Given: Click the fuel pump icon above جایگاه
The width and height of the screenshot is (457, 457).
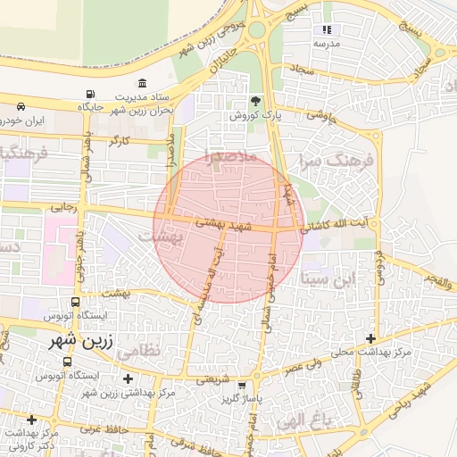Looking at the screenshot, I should pos(89,95).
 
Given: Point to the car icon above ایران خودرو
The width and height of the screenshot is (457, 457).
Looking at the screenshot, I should pos(20,106).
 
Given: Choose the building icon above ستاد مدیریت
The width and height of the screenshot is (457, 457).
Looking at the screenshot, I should pos(143,83).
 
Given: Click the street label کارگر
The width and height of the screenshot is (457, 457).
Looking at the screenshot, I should pos(119,141).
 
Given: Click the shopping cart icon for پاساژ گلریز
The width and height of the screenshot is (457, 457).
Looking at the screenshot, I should pos(241,385).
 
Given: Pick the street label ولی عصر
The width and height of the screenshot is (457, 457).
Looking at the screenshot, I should pos(304,365).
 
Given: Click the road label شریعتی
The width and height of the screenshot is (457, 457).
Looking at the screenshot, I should pos(214,378).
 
